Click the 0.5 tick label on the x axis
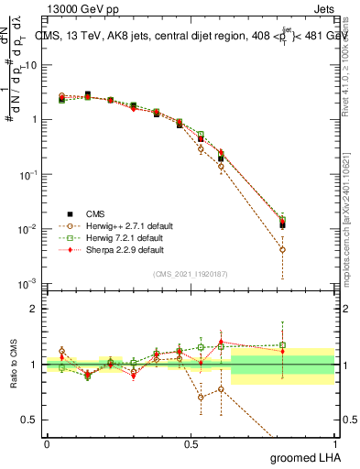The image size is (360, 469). (x=191, y=442)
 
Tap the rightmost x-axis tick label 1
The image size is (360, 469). (x=334, y=442)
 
